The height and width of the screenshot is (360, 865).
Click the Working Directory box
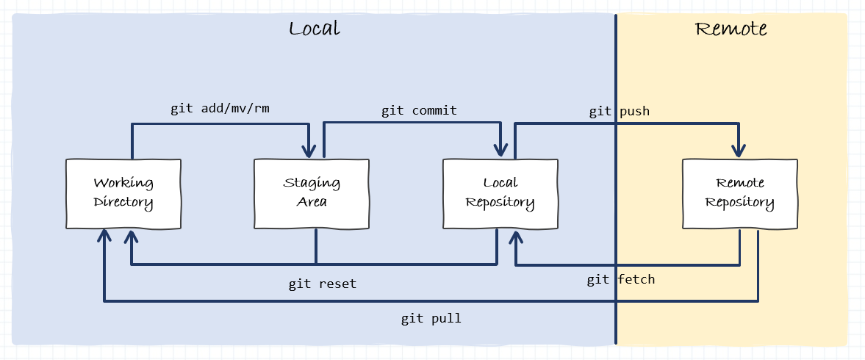123,192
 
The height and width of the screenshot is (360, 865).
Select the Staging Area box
312,192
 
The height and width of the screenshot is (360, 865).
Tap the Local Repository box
500,192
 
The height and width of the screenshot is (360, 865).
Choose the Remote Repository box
739,192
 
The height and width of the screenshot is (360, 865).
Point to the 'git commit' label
419,111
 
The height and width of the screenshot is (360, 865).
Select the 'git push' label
619,112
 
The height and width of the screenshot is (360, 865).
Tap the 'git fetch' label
620,279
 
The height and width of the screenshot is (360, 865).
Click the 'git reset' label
322,284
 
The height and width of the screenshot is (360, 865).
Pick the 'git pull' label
431,319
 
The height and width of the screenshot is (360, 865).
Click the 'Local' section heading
315,29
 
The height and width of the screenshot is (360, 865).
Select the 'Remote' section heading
731,29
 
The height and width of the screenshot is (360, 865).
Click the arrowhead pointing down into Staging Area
311,150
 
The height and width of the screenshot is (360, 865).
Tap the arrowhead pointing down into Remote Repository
739,150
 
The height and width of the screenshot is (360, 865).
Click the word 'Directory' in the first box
123,202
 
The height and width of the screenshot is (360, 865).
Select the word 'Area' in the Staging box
312,202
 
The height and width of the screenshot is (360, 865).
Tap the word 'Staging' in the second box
312,183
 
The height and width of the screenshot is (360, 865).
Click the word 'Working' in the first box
123,183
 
